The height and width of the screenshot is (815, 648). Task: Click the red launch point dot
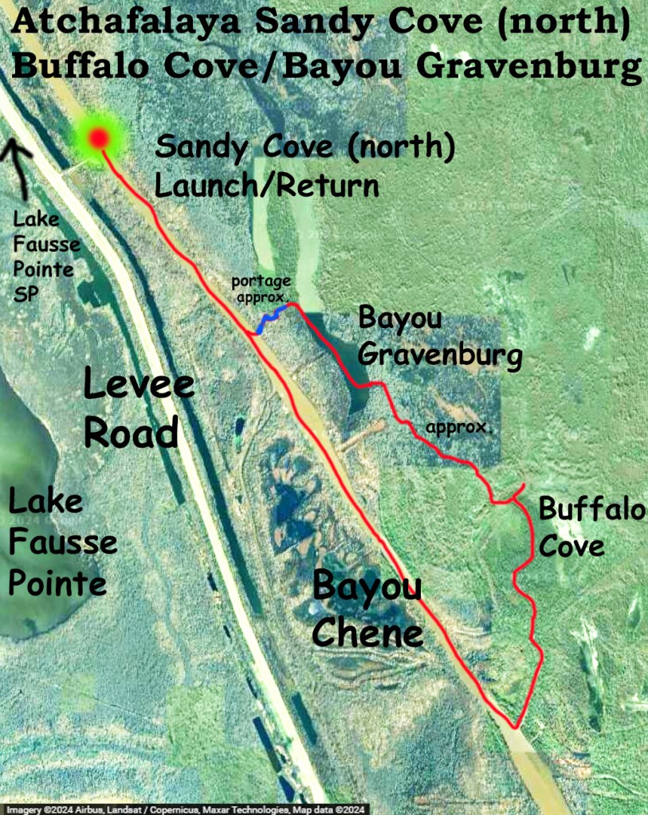click(98, 139)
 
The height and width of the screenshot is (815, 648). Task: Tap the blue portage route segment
click(269, 321)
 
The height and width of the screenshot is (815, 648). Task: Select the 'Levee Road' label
click(138, 409)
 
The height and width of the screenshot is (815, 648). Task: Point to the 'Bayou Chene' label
click(367, 609)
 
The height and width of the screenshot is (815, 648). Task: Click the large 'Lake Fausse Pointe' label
click(61, 543)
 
